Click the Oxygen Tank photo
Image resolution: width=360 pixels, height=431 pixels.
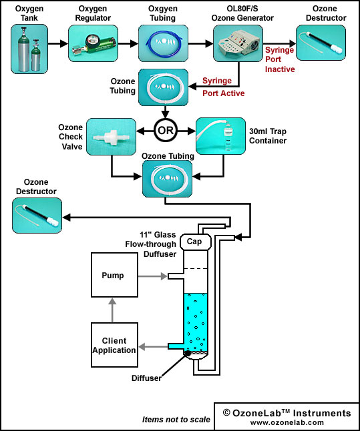click(x=29, y=49)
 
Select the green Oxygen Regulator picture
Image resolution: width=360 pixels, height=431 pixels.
click(x=93, y=43)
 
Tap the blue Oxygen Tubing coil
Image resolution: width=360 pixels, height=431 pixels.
click(x=163, y=43)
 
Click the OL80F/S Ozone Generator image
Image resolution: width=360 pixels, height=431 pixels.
click(x=238, y=43)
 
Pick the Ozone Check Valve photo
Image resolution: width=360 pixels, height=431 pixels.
click(x=111, y=137)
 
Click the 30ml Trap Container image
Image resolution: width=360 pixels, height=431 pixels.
click(x=220, y=136)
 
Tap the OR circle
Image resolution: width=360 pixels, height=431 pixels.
click(x=166, y=130)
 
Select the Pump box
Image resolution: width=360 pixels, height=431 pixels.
click(x=114, y=275)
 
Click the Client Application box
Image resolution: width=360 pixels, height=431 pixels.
click(x=114, y=345)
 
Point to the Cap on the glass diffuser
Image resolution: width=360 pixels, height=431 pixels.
click(x=196, y=242)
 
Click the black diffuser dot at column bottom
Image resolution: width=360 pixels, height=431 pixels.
click(x=188, y=353)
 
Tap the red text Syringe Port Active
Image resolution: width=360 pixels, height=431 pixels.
click(x=224, y=87)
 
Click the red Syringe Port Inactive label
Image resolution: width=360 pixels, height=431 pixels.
click(x=280, y=59)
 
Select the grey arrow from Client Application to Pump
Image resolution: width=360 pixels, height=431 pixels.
click(x=112, y=310)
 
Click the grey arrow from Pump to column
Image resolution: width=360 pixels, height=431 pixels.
click(x=152, y=276)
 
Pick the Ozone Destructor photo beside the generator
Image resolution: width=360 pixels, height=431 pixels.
click(x=321, y=43)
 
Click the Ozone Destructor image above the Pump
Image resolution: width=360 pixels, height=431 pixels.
click(x=37, y=215)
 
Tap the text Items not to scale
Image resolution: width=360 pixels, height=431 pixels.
click(x=176, y=420)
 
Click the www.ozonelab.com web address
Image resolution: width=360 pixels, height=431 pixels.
click(x=287, y=422)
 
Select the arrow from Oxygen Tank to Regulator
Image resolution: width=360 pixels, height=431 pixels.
click(x=58, y=43)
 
